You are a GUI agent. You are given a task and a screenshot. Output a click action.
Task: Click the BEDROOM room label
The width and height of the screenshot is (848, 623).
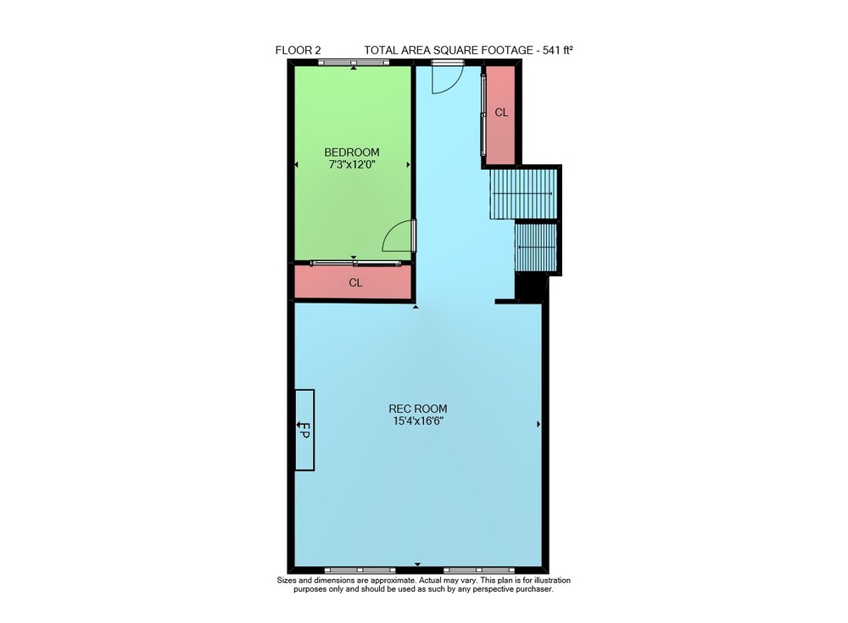(352, 153)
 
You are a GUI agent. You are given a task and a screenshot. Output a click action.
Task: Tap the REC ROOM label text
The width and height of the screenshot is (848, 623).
(418, 409)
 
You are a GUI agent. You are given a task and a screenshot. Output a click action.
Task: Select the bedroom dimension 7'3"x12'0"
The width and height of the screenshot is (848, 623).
(352, 164)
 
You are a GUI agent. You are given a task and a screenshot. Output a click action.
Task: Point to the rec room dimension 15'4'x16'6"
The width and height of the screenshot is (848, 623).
(418, 421)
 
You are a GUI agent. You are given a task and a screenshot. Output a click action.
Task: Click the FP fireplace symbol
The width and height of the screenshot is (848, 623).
(304, 430)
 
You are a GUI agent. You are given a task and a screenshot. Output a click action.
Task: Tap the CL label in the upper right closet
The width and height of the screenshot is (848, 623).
(501, 113)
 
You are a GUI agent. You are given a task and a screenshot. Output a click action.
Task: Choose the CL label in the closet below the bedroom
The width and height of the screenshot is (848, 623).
(355, 283)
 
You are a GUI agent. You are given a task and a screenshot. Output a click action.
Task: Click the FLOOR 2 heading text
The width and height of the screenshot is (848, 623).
(298, 50)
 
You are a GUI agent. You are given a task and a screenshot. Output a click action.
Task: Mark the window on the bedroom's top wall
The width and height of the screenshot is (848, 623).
(353, 63)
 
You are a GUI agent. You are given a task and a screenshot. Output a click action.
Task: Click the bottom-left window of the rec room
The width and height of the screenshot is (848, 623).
(360, 570)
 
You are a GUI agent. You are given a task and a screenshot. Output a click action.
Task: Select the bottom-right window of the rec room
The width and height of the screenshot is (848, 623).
(479, 570)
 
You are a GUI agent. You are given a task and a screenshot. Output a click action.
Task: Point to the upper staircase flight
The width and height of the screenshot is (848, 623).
(523, 193)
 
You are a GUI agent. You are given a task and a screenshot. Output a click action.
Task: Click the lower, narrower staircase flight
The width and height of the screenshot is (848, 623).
(535, 248)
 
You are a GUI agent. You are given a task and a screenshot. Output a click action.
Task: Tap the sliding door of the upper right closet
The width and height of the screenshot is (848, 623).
(483, 115)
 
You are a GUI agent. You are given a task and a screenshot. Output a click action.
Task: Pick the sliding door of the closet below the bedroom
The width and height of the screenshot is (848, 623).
(356, 264)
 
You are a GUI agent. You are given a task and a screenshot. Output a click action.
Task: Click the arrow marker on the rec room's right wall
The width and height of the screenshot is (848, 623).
(538, 425)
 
